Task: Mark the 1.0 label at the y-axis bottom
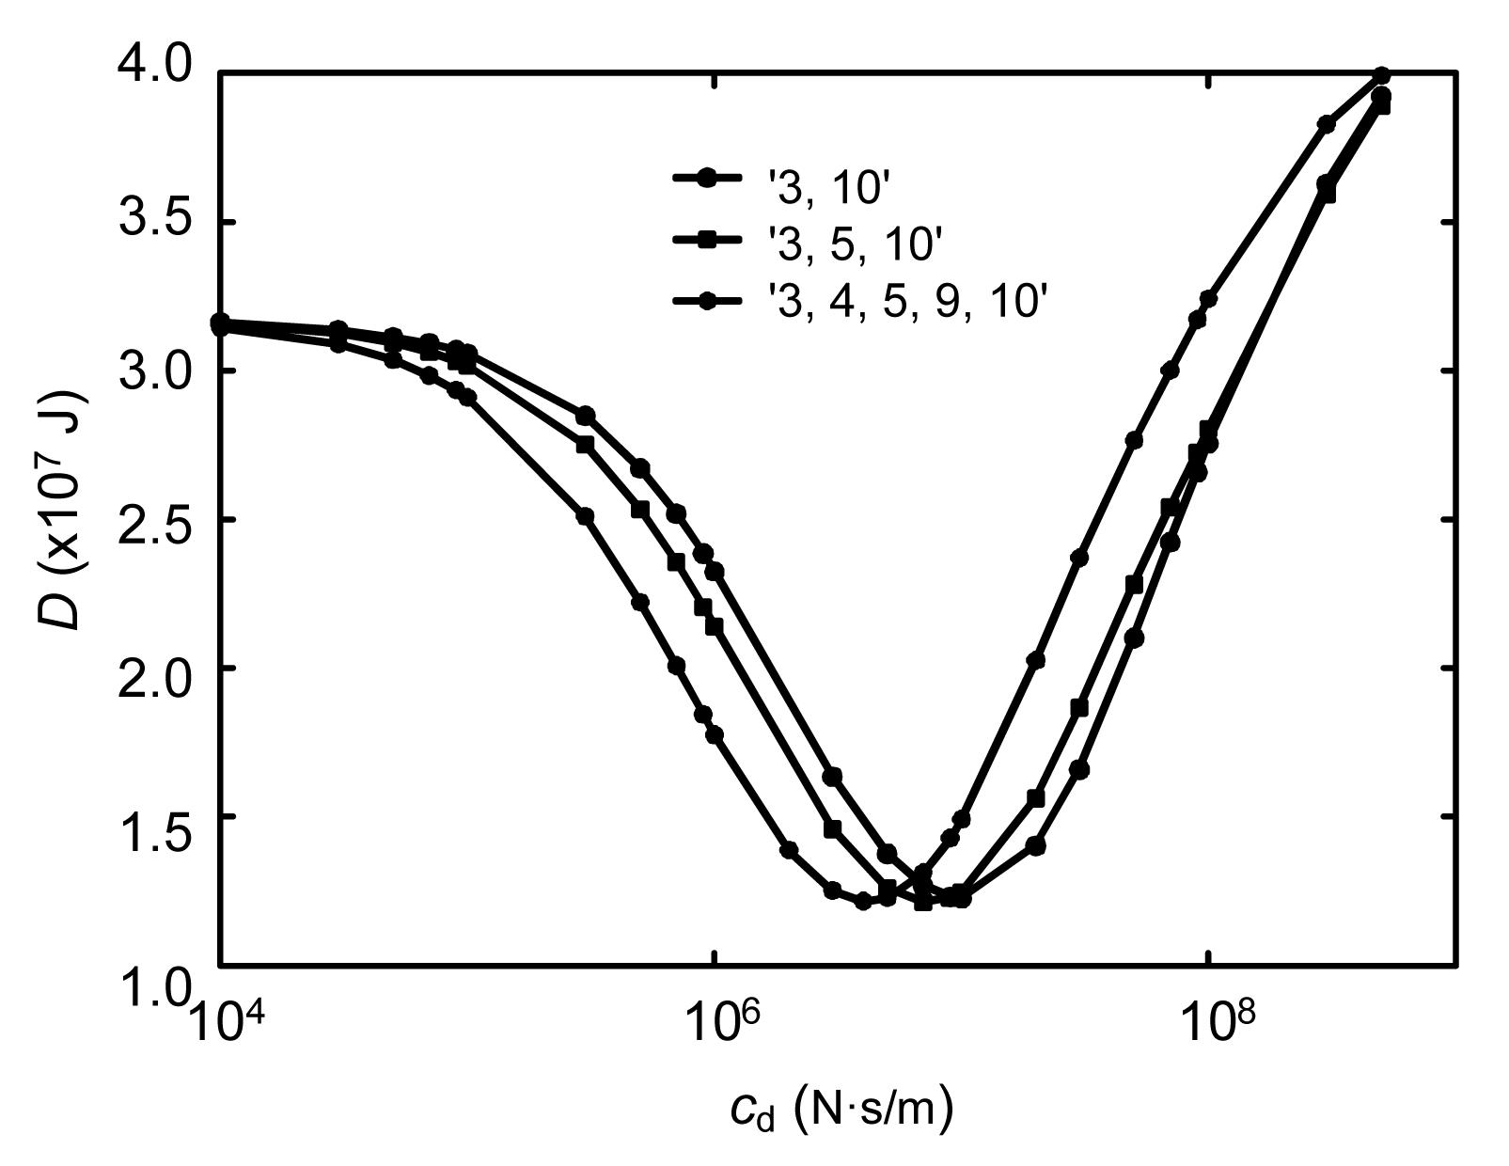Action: (x=151, y=987)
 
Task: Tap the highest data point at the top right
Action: (x=1382, y=75)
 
